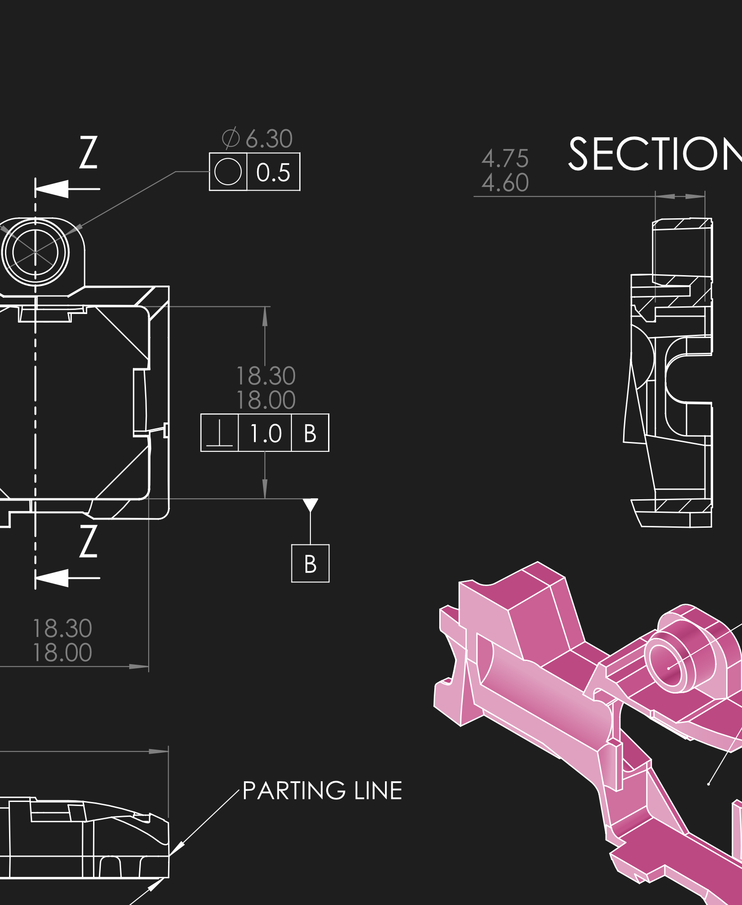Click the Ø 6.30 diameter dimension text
coord(258,138)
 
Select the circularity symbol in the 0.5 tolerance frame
coord(228,172)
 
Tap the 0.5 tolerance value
coord(273,173)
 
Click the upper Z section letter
coord(89,153)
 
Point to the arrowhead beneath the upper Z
coord(52,189)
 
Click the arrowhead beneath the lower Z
coord(52,577)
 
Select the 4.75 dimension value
coord(505,159)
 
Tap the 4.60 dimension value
coord(505,183)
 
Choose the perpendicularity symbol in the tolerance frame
coord(220,433)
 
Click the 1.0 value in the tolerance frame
coord(265,433)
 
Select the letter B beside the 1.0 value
coord(310,433)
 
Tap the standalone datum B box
coord(310,563)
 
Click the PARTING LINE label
coord(322,791)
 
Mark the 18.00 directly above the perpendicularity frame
coord(266,400)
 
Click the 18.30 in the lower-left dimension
coord(62,628)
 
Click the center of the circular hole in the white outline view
coord(35,252)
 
